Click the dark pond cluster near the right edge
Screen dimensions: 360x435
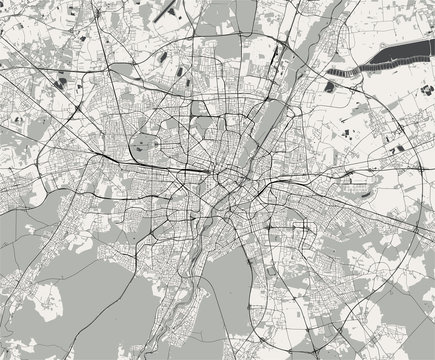(398, 149)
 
